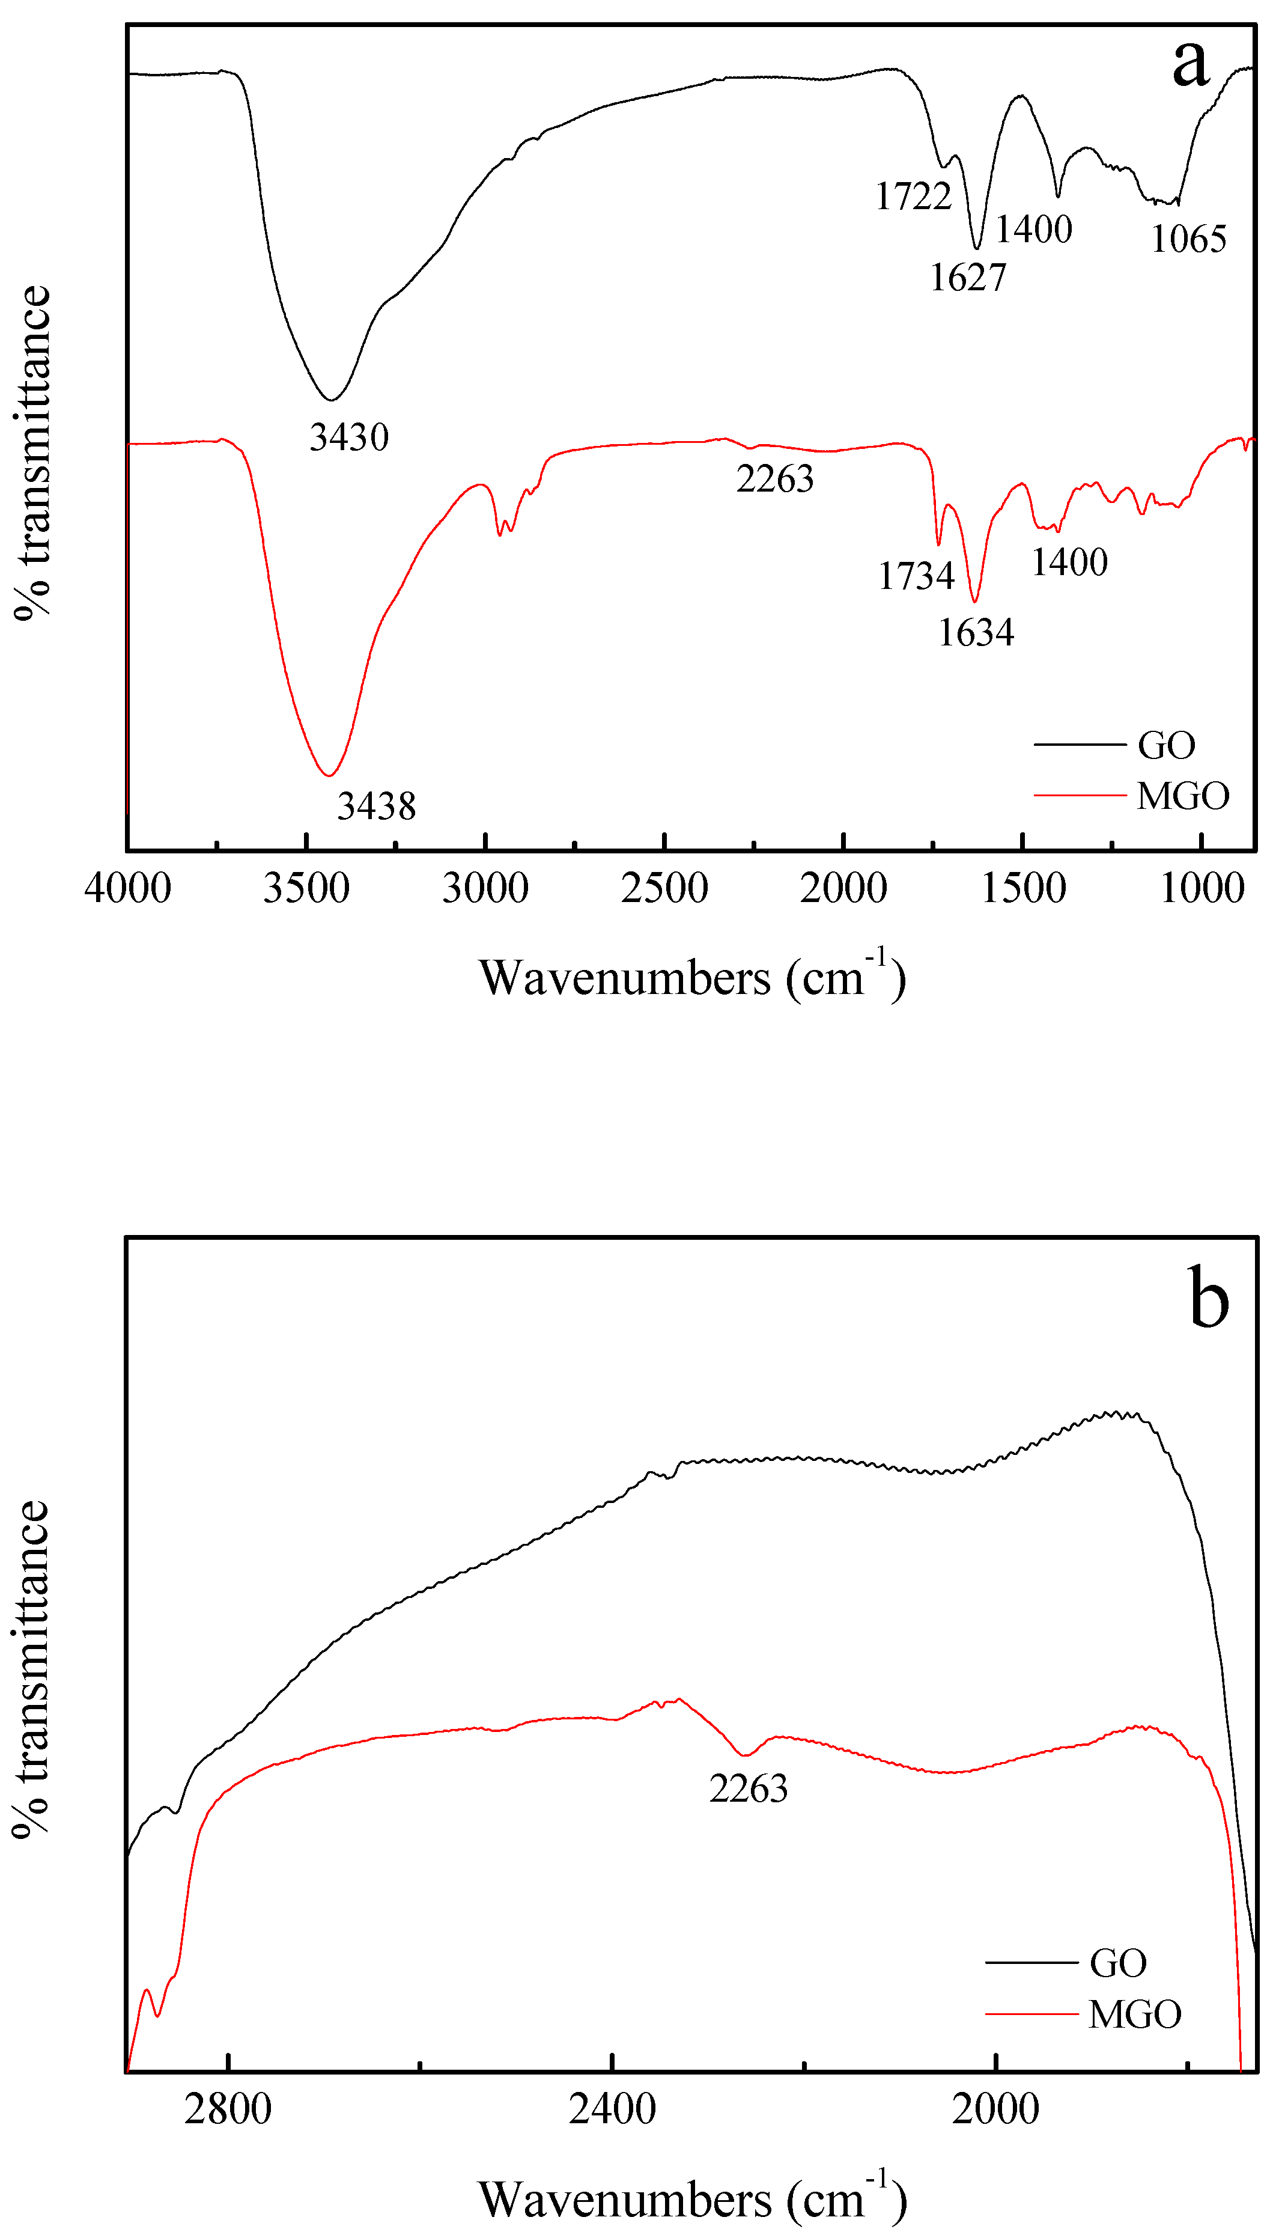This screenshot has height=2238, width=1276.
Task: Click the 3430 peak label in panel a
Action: (349, 436)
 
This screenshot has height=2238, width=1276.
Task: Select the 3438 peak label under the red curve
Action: (376, 806)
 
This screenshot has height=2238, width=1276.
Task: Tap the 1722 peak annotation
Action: (913, 195)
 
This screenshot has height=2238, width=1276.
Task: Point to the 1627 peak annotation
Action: (968, 277)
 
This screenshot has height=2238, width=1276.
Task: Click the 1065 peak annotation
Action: (1188, 239)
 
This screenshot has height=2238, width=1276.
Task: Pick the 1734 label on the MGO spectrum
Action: (916, 576)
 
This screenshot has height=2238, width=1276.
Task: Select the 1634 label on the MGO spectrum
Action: (976, 632)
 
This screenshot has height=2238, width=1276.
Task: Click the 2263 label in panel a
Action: (775, 478)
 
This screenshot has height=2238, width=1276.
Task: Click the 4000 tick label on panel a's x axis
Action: (128, 888)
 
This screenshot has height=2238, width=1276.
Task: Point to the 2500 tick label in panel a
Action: (664, 888)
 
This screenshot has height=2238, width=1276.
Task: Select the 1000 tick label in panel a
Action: (1202, 888)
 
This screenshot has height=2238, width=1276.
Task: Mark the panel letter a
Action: (1190, 63)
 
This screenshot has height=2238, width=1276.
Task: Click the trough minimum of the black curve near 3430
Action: (330, 400)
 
